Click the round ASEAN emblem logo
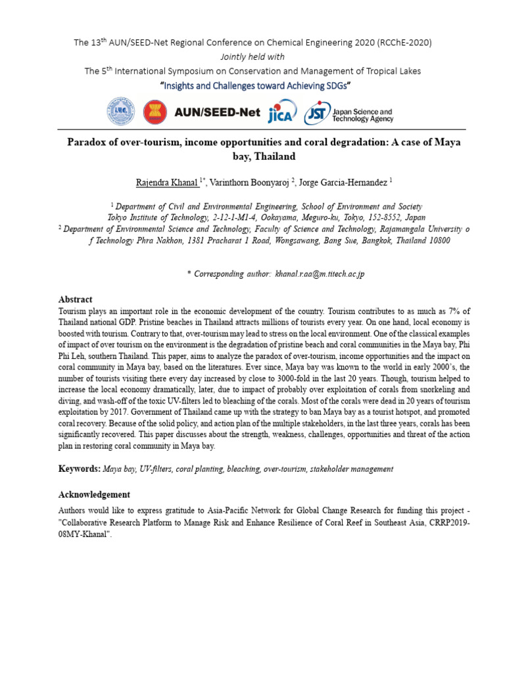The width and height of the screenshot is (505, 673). (155, 112)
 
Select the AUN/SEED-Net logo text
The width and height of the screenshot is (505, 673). (218, 112)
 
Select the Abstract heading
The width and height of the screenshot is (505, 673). (76, 299)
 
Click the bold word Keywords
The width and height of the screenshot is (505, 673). (79, 469)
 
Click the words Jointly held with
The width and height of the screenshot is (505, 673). (252, 57)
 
